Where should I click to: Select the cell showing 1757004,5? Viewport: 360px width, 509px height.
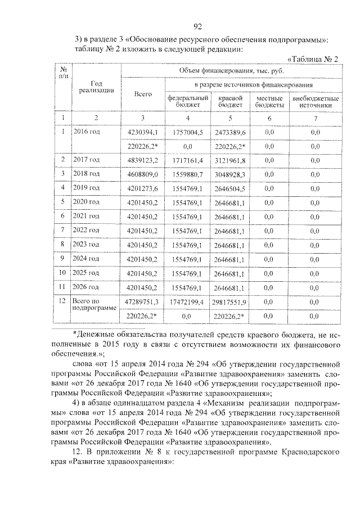pyautogui.click(x=187, y=132)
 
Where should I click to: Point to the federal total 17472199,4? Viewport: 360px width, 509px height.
pyautogui.click(x=187, y=302)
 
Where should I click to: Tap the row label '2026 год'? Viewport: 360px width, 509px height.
pyautogui.click(x=87, y=287)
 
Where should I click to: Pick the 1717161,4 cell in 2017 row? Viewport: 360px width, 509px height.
pyautogui.click(x=187, y=160)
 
